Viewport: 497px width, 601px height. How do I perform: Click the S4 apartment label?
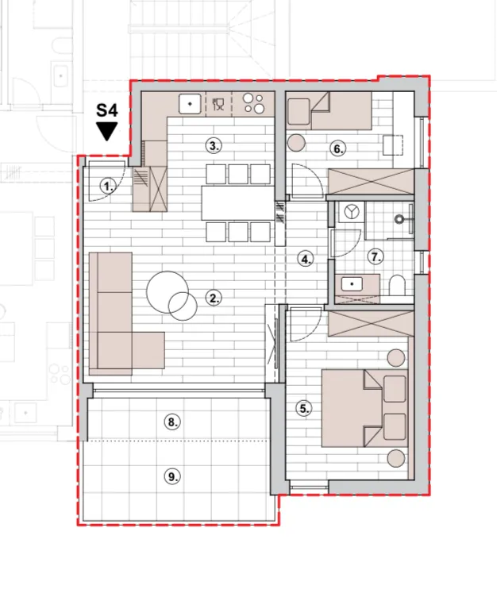pos(107,110)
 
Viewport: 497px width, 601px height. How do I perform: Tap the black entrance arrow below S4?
pos(107,131)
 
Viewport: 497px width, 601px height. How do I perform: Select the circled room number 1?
pos(108,187)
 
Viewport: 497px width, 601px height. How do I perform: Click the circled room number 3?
pos(214,145)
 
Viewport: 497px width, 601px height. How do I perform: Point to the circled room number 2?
pos(214,298)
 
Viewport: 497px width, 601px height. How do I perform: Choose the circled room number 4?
pos(306,260)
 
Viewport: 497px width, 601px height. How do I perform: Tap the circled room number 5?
pos(304,409)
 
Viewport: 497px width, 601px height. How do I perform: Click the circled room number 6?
pos(338,148)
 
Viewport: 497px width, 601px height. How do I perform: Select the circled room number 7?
pos(376,256)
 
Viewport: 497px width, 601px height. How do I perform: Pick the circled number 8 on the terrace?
pos(172,422)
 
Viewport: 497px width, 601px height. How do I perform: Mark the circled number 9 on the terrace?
pos(172,477)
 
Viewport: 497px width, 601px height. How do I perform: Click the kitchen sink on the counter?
pos(190,104)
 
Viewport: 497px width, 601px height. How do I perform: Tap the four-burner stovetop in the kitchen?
pos(254,103)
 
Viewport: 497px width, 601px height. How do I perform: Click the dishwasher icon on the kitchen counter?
pos(218,104)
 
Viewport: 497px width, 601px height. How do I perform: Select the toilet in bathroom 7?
pos(397,285)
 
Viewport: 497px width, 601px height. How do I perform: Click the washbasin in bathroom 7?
pos(352,284)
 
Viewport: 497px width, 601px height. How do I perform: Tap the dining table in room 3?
pos(238,203)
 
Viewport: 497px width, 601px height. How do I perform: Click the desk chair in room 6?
pos(393,144)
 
